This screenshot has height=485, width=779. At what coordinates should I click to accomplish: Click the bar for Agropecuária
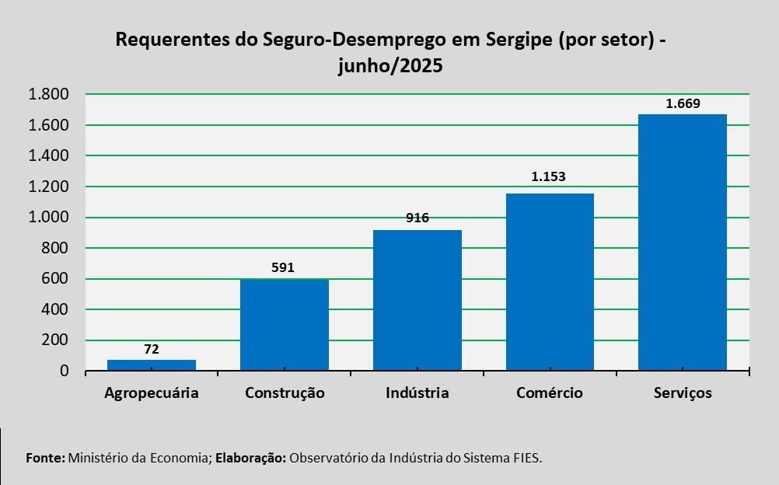coord(152,365)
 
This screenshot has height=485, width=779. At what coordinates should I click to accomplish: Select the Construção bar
coord(284,325)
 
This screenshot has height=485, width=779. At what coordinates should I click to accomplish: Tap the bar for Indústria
coord(417,300)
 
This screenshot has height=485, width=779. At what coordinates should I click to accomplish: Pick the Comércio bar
coord(550,281)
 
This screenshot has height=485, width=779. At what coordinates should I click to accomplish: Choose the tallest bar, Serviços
coord(682,242)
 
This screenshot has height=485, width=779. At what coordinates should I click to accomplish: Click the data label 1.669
coord(682,103)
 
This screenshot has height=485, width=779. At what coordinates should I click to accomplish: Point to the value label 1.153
coord(549,176)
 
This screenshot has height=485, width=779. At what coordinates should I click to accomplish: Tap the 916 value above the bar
coord(417,218)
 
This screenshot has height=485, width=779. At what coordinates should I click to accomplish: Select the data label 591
coord(284,268)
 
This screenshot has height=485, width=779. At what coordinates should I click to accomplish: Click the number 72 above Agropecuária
coord(152,350)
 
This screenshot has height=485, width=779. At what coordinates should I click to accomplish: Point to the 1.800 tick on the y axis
coord(49,95)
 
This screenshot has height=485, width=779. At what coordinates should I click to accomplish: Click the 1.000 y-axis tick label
coord(49,218)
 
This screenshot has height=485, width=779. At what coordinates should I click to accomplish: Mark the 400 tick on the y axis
coord(56,309)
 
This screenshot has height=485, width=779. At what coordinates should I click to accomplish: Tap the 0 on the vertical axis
coord(65,371)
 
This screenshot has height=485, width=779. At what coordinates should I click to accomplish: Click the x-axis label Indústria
coord(417,393)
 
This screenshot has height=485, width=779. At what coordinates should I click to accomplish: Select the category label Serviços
coord(682,393)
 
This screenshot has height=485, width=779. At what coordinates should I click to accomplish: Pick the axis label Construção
coord(284,393)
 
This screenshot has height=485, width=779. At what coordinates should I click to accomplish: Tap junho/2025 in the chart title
coord(390,65)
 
